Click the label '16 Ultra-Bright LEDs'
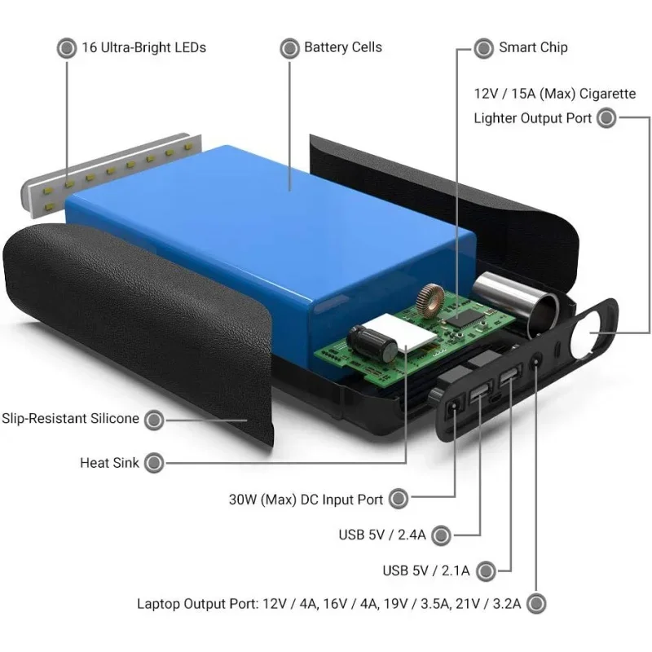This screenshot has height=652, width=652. click(x=143, y=47)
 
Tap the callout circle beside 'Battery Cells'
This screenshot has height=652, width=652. click(x=289, y=48)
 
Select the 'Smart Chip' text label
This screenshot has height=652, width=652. click(x=533, y=47)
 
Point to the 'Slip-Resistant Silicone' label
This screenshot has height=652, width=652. click(x=70, y=419)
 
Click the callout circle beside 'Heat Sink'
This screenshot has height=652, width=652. click(x=153, y=463)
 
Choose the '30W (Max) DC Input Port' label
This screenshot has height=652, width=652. click(x=306, y=498)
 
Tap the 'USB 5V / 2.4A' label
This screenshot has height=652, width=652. click(x=382, y=535)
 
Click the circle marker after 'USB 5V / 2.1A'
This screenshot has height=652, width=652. click(x=487, y=570)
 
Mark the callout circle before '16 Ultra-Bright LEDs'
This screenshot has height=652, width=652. click(x=66, y=48)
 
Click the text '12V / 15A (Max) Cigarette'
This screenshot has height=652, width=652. click(x=554, y=94)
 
